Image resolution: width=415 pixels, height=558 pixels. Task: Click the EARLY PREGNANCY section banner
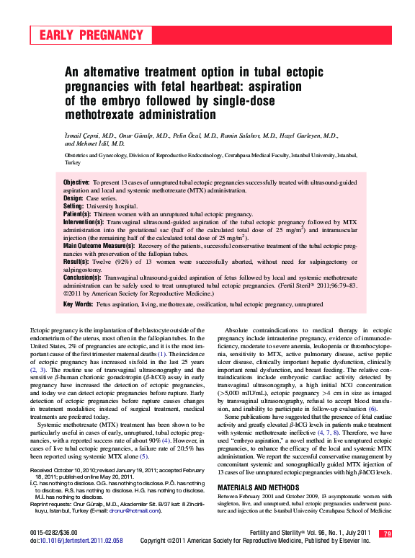point(92,35)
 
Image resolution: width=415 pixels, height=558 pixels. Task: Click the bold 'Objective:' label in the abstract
point(77,183)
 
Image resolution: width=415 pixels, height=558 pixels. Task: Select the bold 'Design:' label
point(73,198)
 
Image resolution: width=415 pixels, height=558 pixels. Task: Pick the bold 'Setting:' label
point(74,206)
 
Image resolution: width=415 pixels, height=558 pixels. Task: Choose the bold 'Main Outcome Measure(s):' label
point(97,247)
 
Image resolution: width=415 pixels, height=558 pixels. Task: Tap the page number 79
point(386,534)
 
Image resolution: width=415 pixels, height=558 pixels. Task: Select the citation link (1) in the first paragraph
point(162,353)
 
